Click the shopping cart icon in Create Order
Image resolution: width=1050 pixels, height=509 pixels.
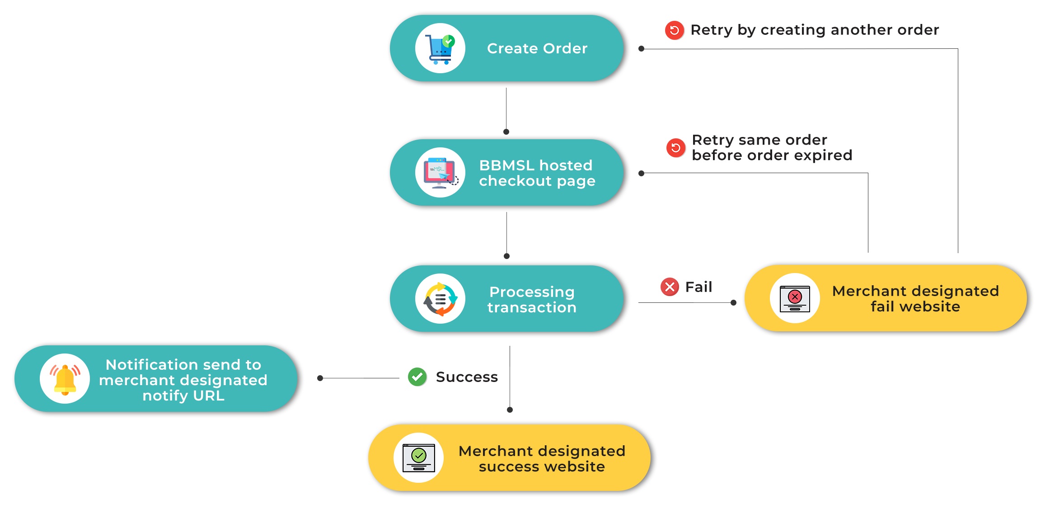coord(440,49)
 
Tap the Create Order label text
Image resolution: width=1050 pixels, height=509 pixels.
coord(537,48)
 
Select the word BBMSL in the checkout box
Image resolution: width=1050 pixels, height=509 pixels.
coord(506,165)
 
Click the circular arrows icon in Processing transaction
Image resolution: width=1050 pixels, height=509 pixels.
coord(441,299)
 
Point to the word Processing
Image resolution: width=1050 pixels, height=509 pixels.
coord(532,292)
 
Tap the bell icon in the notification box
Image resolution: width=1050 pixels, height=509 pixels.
coord(65,379)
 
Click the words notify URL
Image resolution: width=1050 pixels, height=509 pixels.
coord(183,396)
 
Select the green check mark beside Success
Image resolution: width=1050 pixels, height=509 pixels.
coord(417,377)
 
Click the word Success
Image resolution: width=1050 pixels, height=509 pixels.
coord(467,377)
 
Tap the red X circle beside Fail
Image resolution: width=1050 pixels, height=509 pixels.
coord(670,287)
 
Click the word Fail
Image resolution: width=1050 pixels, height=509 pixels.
coord(698,287)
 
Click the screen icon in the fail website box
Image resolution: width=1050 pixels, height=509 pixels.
coord(795,299)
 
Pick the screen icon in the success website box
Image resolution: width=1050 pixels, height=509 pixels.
coord(419,458)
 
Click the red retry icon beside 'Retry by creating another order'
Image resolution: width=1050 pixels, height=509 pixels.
coord(675,30)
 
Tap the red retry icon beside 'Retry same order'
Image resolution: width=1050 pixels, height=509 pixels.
coord(676,148)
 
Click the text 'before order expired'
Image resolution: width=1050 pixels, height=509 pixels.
coord(772,156)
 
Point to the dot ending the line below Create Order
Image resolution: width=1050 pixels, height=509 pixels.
coord(506,132)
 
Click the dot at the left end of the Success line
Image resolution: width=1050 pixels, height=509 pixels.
coord(320,378)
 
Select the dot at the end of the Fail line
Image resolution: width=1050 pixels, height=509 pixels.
coord(733,303)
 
